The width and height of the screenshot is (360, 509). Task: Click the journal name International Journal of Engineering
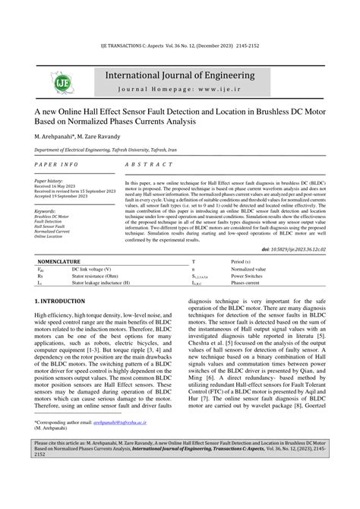coord(180,76)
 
